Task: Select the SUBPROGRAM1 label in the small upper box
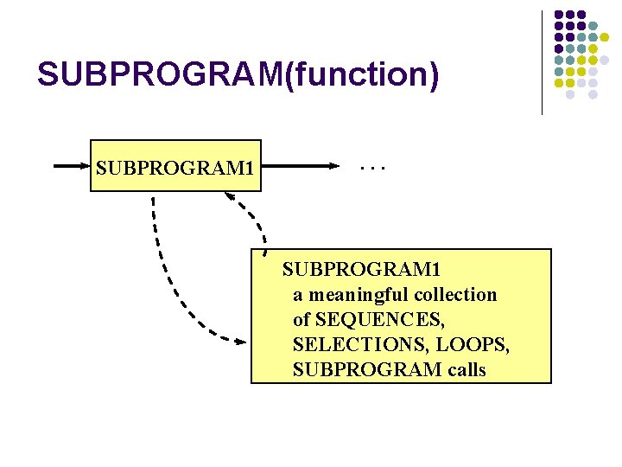coord(175,164)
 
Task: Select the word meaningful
coord(356,295)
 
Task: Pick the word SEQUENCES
coord(380,320)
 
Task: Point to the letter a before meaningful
coord(297,295)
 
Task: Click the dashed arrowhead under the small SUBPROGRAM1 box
coord(231,196)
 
